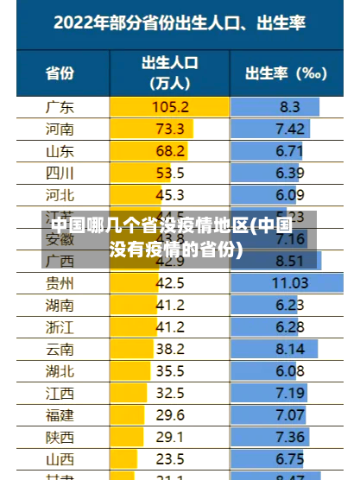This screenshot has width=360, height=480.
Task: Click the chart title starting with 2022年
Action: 180,23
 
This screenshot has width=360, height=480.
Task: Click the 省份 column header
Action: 59,73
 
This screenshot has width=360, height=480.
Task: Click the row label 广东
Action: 59,107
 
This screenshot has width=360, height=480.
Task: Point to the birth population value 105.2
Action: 170,107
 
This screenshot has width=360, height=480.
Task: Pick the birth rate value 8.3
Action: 289,107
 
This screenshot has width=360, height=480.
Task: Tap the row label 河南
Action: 59,129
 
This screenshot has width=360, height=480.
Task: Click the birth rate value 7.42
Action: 289,129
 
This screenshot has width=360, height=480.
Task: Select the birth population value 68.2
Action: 170,150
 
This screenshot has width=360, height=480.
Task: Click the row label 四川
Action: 59,173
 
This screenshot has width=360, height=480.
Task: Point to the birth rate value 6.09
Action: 289,194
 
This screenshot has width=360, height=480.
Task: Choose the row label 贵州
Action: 59,282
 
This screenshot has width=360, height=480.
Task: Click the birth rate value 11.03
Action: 289,282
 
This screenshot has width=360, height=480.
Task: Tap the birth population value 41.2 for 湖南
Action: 170,304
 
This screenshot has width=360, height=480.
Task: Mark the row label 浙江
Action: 59,326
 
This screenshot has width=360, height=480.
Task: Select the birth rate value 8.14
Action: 289,348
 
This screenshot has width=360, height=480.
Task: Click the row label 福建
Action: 59,414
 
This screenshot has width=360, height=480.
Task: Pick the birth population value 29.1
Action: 170,436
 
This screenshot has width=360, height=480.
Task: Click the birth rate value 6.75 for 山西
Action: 289,458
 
